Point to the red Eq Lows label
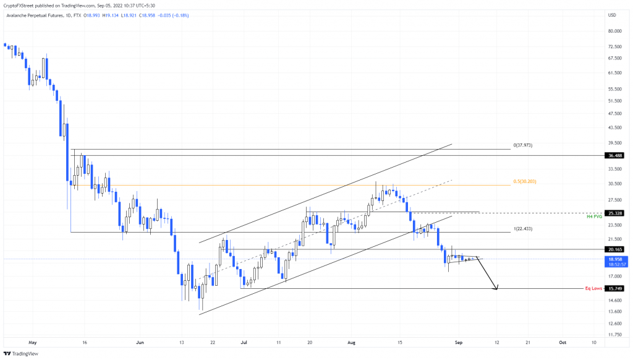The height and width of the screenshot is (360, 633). [593, 288]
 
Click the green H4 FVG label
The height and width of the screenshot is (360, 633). [593, 216]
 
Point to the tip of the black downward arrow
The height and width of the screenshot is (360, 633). [496, 289]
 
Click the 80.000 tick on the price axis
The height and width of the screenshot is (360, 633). [614, 31]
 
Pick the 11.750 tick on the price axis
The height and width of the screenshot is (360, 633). [614, 335]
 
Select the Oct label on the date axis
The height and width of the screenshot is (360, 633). [563, 341]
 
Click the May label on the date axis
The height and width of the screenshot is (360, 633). [33, 341]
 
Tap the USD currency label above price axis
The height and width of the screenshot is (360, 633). [613, 15]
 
